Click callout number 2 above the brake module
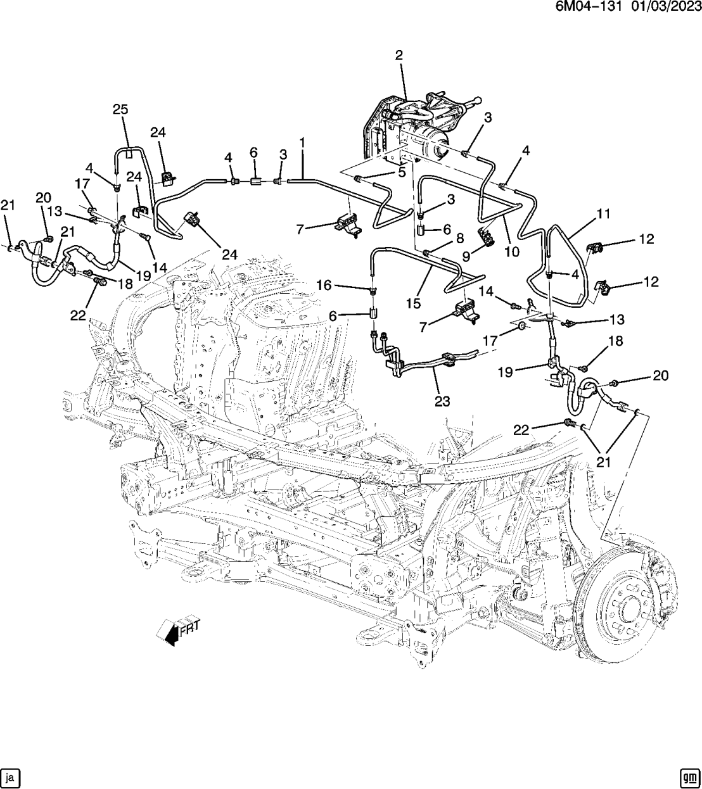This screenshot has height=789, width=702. pos(399,55)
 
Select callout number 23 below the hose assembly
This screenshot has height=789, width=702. pos(442,400)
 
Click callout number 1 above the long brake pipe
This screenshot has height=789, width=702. pos(302,144)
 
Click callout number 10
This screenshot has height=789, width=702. pos(511,251)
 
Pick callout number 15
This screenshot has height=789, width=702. pos(413,304)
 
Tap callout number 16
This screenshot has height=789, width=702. pos(324,285)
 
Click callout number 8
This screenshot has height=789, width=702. pos(461,238)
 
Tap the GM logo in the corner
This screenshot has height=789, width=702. pos(689,776)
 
